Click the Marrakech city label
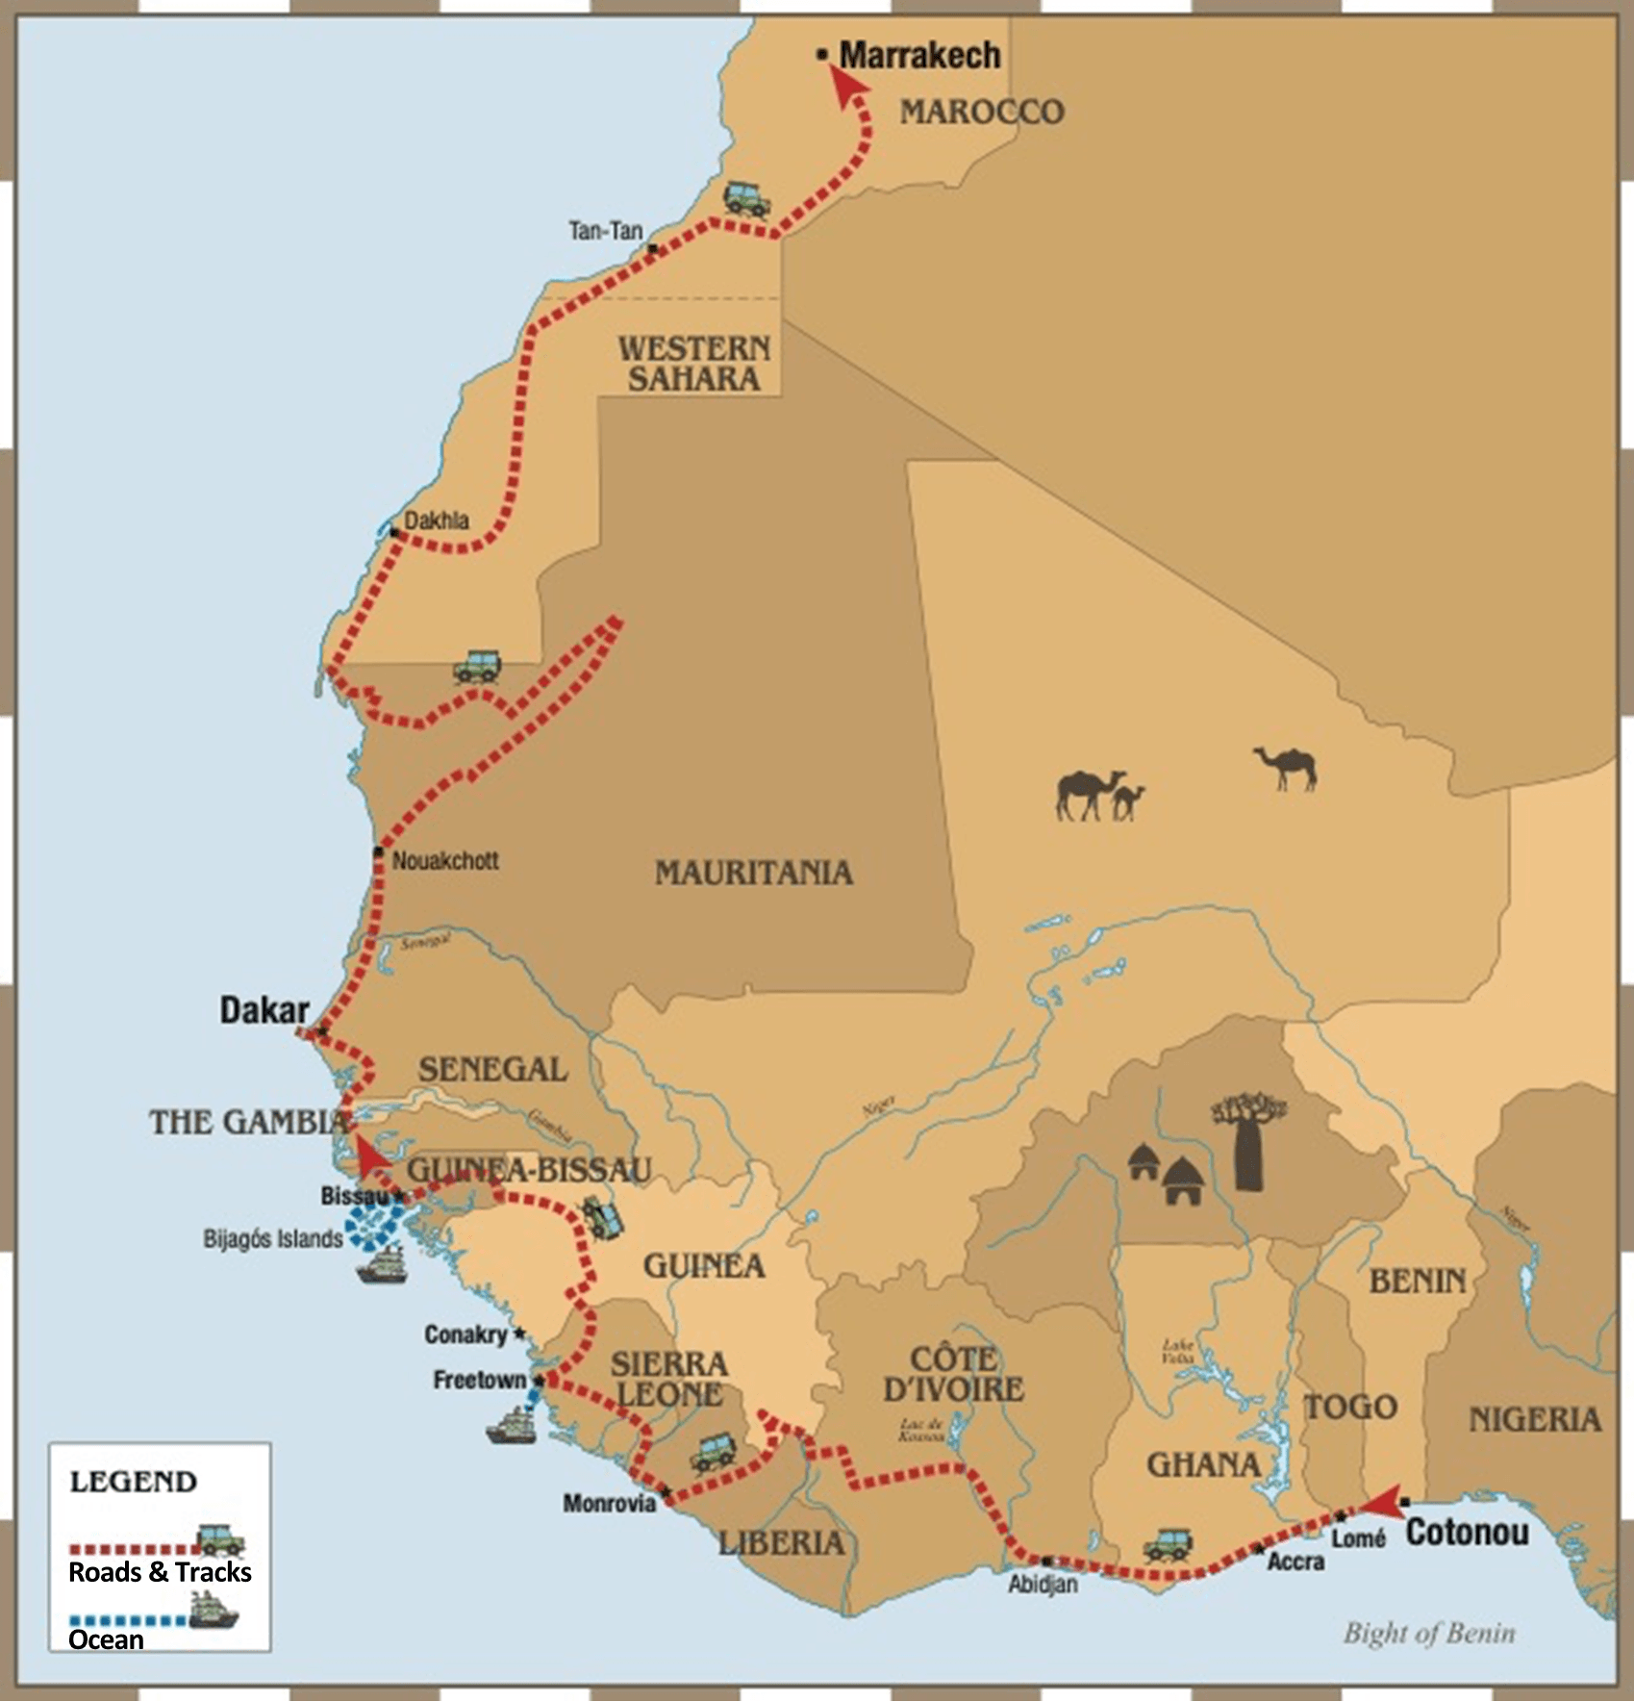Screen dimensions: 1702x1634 (x=918, y=56)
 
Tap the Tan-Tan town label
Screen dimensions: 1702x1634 (x=605, y=231)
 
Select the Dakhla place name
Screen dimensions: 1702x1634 (x=437, y=521)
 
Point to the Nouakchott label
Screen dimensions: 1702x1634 (x=445, y=860)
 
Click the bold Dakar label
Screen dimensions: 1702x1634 (x=264, y=1010)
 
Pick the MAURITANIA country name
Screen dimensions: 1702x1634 (x=754, y=873)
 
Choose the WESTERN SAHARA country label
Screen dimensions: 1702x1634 (x=693, y=363)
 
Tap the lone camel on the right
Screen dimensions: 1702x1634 (x=1286, y=768)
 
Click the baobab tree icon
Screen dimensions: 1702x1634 (x=1248, y=1140)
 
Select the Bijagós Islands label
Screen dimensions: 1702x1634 (x=273, y=1238)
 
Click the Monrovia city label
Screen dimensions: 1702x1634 (x=610, y=1503)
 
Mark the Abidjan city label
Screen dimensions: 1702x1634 (x=1043, y=1584)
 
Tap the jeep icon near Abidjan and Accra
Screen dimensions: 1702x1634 (x=1168, y=1544)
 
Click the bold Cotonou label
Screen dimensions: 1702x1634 (x=1467, y=1532)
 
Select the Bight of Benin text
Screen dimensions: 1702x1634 (x=1429, y=1633)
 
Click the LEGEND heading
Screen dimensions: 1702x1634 (x=133, y=1481)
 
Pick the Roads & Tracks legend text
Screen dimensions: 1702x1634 (x=160, y=1572)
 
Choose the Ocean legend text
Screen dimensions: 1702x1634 (x=106, y=1639)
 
